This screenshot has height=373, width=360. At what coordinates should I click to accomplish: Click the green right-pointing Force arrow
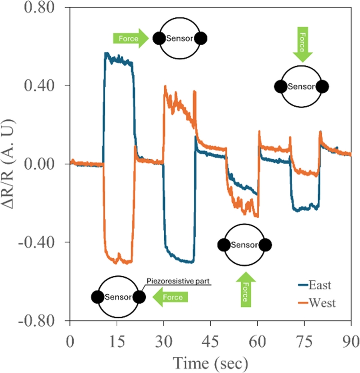click(130, 39)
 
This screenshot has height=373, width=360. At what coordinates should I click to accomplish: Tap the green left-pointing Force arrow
click(170, 297)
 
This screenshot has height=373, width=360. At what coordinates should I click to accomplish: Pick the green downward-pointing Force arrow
click(301, 44)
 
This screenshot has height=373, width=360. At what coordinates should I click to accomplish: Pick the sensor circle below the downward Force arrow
click(301, 86)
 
